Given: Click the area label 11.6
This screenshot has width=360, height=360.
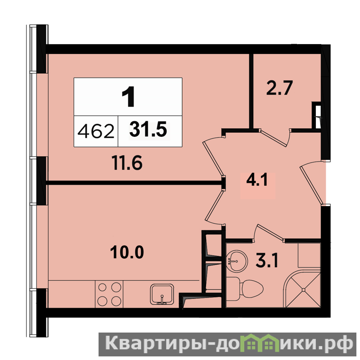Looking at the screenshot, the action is tap(127, 163).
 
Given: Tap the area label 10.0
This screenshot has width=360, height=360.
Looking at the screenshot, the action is tap(127, 252).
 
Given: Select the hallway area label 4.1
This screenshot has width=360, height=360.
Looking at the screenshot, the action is tap(257, 180).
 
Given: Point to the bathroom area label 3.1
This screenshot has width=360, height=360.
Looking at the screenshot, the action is tap(267, 261).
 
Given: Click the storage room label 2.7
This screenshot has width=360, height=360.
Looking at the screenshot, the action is tap(279, 87).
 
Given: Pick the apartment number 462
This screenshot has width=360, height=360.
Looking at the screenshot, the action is tap(96, 131).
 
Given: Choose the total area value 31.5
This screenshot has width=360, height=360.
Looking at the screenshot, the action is tap(148, 130).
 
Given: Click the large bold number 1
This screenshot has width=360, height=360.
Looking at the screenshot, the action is tap(129, 97).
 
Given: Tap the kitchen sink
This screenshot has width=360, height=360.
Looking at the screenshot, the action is tap(162, 294).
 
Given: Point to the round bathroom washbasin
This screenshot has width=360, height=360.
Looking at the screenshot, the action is tap(237, 261).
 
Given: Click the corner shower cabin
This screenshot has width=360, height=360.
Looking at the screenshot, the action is tap(302, 289).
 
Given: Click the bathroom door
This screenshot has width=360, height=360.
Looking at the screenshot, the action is tap(270, 232).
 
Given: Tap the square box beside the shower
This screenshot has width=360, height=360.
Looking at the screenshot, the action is tap(309, 255).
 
